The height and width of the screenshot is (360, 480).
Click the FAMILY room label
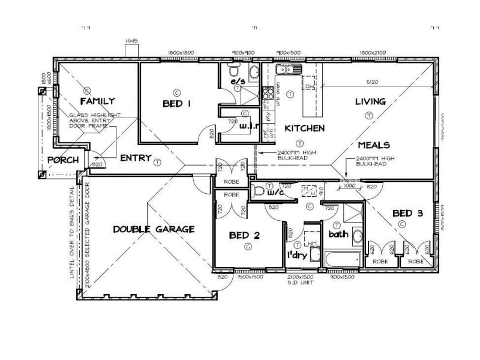tap(97, 101)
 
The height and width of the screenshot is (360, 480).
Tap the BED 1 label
tap(176, 104)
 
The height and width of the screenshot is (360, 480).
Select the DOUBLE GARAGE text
tap(153, 229)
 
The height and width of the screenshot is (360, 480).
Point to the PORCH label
tap(62, 161)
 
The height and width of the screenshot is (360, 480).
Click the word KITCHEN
tap(305, 128)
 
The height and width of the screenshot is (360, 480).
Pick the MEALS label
tap(374, 145)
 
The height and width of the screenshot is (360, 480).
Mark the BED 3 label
tap(409, 212)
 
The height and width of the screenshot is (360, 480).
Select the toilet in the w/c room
tap(257, 191)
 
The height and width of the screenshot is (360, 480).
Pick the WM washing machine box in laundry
tap(311, 243)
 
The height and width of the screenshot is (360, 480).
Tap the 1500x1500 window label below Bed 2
tap(248, 277)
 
